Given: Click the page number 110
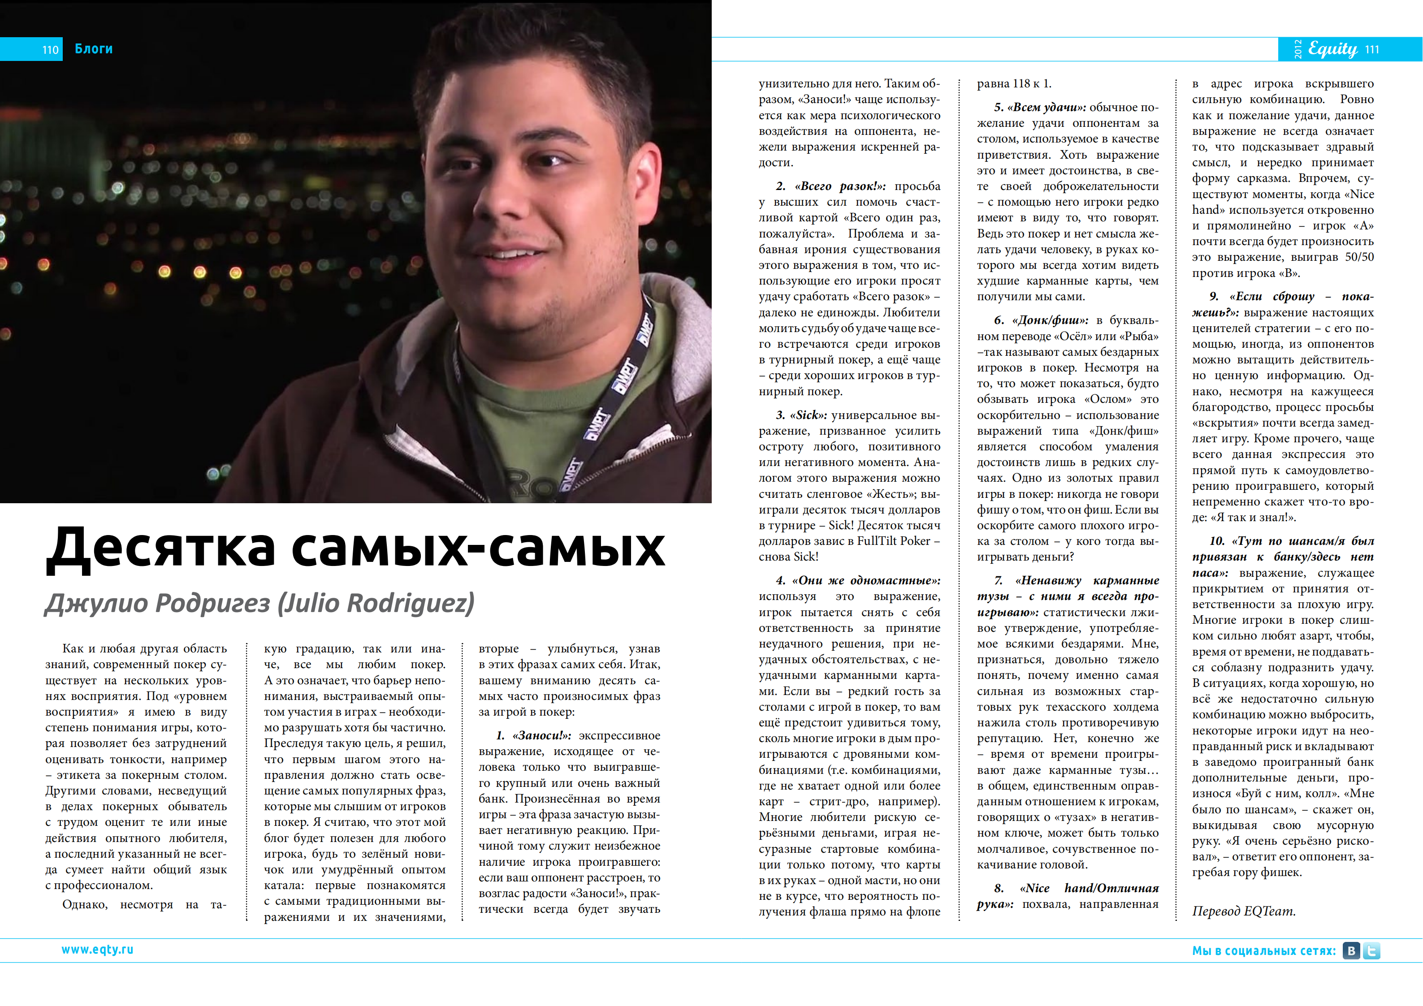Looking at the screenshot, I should (x=50, y=50).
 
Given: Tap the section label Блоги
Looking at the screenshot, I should (x=94, y=49).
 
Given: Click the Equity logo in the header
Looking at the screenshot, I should (x=1332, y=49).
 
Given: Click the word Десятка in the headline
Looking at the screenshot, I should (x=161, y=548).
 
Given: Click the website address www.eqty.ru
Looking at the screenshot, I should (x=97, y=950).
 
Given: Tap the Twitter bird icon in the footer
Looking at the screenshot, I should (x=1371, y=951).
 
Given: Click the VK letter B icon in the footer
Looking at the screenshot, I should (x=1351, y=951).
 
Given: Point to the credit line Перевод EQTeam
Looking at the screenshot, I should (x=1243, y=911).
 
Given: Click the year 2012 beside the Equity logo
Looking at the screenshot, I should (x=1298, y=49).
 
